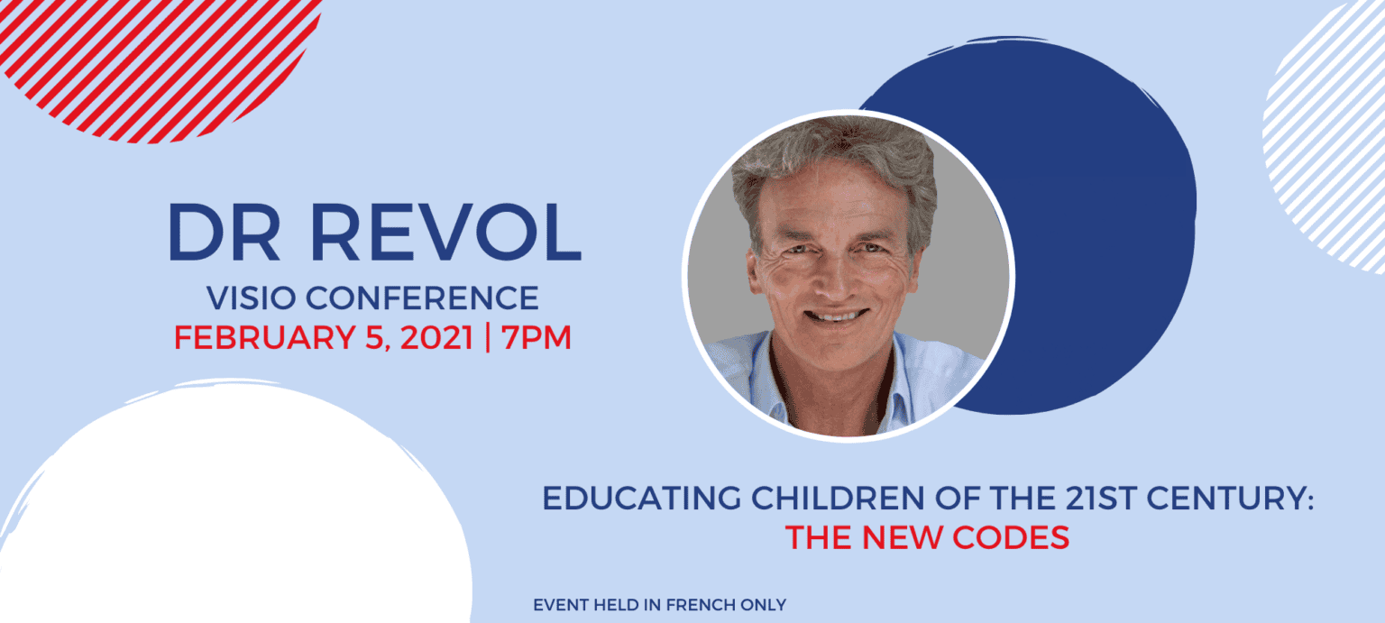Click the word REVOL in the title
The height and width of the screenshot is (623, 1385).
coord(445,233)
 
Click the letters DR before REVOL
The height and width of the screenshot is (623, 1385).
coord(224,233)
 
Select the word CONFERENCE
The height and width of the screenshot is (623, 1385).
coord(422,298)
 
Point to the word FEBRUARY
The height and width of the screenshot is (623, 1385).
coord(264,338)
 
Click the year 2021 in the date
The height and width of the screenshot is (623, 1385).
coord(436,338)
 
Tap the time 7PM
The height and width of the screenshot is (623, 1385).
coord(537,338)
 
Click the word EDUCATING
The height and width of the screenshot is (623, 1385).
coord(641,499)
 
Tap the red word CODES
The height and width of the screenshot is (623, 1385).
coord(1011,537)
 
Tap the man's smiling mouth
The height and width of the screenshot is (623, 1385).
coord(836,316)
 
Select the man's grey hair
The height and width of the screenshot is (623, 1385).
coord(835,160)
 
